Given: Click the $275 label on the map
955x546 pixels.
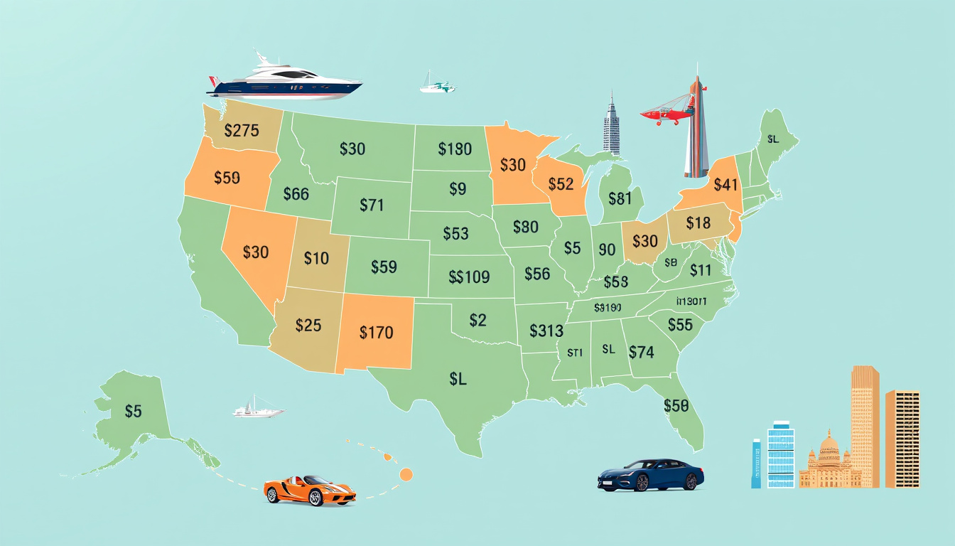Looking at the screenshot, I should pyautogui.click(x=242, y=131).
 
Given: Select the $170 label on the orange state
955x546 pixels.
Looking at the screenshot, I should pyautogui.click(x=376, y=332).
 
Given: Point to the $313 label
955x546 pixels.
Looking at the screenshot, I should pyautogui.click(x=546, y=331).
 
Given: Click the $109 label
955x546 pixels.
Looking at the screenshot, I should pyautogui.click(x=470, y=277).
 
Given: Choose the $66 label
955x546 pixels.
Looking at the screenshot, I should pyautogui.click(x=296, y=193).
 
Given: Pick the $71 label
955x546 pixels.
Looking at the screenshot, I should pyautogui.click(x=372, y=205).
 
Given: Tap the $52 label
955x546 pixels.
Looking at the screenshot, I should pyautogui.click(x=561, y=184).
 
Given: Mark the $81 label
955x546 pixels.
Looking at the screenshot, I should pyautogui.click(x=620, y=199).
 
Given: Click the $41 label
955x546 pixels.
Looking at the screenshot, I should pyautogui.click(x=725, y=185).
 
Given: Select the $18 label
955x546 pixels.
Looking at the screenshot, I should pyautogui.click(x=698, y=223).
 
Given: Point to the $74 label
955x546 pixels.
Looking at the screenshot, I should pyautogui.click(x=641, y=351).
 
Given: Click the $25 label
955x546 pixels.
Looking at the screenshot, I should pyautogui.click(x=308, y=326).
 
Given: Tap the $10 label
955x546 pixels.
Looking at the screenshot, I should pyautogui.click(x=316, y=258).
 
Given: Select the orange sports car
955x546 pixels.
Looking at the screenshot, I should pyautogui.click(x=310, y=490).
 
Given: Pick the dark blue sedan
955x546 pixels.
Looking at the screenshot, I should pyautogui.click(x=650, y=475).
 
